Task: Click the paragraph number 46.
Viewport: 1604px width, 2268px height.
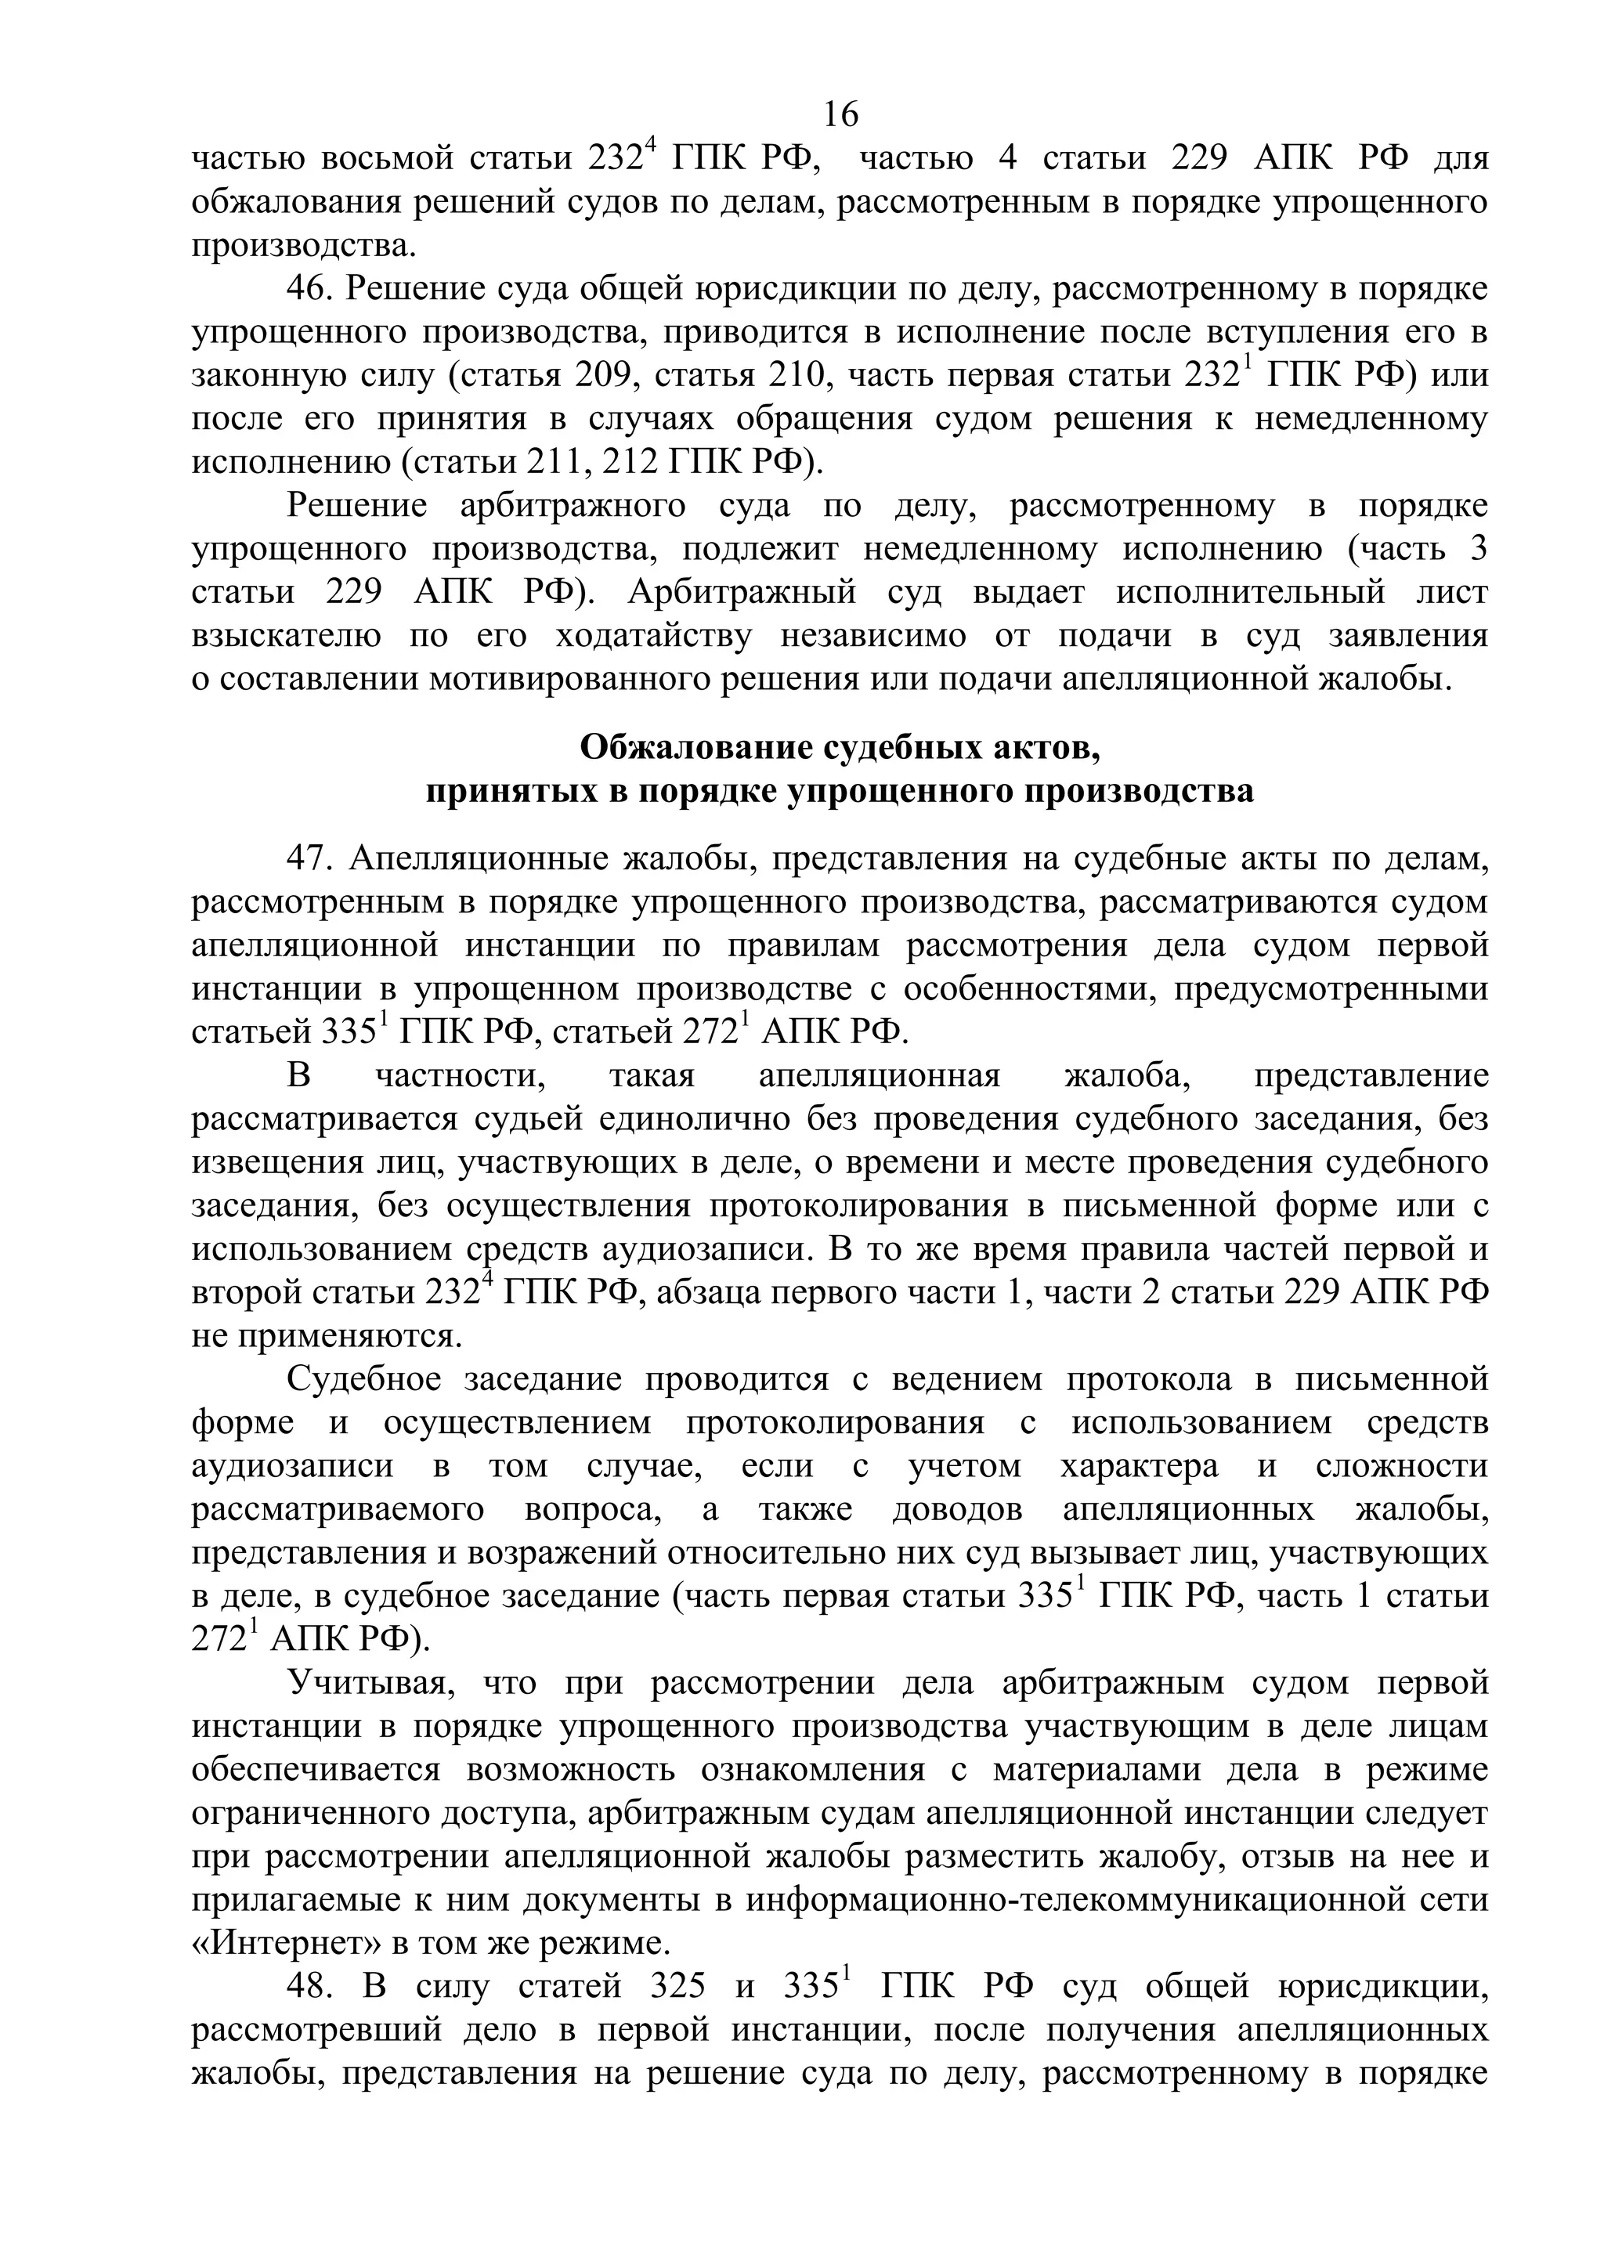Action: coord(310,290)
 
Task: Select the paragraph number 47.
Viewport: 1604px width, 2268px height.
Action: coord(310,859)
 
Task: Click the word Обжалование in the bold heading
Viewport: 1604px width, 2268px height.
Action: coord(697,748)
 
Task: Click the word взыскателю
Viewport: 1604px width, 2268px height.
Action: coord(287,636)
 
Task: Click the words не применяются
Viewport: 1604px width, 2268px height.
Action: coord(326,1337)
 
